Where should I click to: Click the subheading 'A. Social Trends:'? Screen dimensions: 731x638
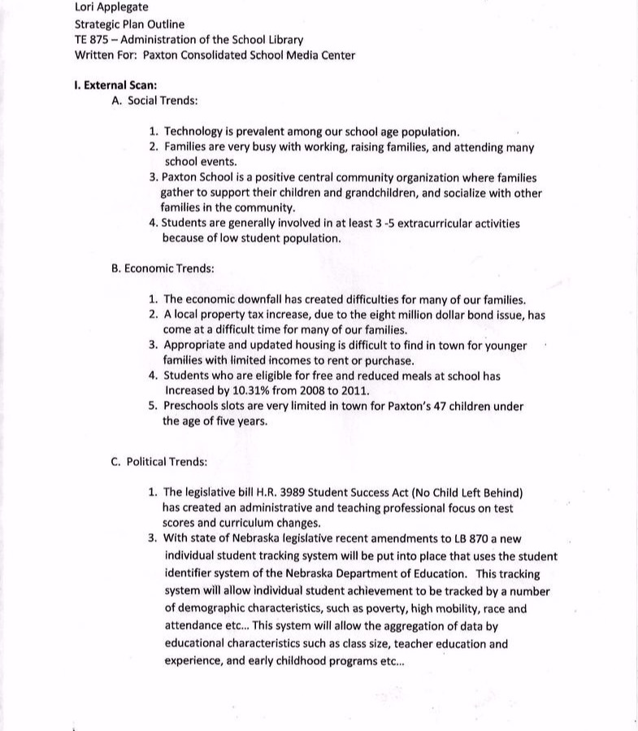coord(154,101)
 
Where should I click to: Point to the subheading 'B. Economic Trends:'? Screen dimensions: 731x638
coord(163,268)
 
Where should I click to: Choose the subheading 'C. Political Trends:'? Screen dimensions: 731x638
coord(158,461)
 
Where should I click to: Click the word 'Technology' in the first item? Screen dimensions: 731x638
coord(195,131)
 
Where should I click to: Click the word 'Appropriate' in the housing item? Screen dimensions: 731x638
coord(197,345)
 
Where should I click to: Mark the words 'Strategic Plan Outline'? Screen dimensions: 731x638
coord(129,24)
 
